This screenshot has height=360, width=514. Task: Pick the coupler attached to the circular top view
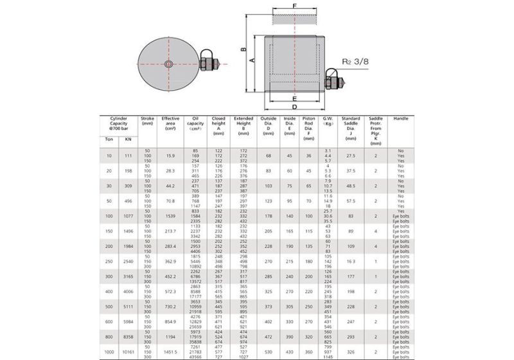coord(209,64)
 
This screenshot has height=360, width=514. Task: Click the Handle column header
coord(400,119)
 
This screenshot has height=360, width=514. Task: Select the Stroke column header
coord(147,122)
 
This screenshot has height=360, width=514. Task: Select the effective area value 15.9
coord(170,155)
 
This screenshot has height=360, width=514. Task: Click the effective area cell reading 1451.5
coord(170,352)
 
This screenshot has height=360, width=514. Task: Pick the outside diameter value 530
coord(269,352)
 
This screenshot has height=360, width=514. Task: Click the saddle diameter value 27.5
coord(350,155)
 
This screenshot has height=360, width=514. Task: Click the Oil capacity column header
coord(195,123)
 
